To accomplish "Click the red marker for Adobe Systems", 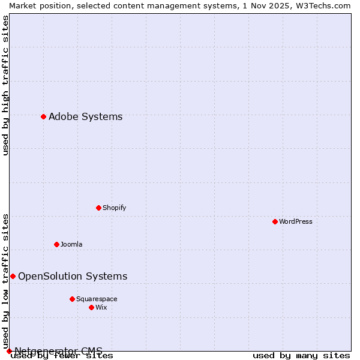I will [43, 116].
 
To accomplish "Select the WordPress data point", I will [275, 221].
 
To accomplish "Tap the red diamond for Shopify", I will [98, 208].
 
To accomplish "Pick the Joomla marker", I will [56, 244].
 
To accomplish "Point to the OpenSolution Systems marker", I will [13, 276].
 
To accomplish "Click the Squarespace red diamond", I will [72, 299].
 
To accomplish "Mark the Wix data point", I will [91, 307].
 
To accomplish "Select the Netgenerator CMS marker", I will [9, 351].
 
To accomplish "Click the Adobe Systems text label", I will [85, 116].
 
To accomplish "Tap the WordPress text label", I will [296, 221].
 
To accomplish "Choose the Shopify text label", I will [114, 208].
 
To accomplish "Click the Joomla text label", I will [71, 244].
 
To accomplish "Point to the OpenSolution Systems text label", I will [73, 276].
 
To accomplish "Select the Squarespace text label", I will [97, 299].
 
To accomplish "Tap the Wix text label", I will [101, 307].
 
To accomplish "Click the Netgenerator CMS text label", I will [58, 351].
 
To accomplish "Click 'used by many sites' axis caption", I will [301, 356].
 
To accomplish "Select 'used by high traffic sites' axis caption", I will [5, 85].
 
